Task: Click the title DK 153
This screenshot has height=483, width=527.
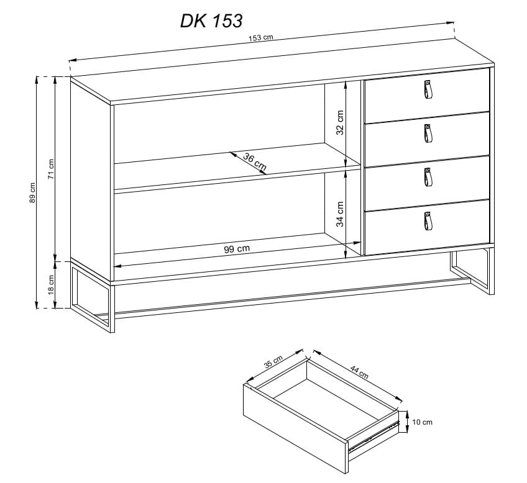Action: pyautogui.click(x=211, y=21)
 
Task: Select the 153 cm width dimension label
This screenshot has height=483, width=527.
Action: pyautogui.click(x=261, y=38)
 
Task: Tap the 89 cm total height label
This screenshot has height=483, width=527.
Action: pyautogui.click(x=32, y=192)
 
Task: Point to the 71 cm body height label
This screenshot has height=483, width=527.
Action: pyautogui.click(x=51, y=169)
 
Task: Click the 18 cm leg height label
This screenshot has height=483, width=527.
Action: pyautogui.click(x=51, y=284)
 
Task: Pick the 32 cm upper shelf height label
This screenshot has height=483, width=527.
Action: pyautogui.click(x=340, y=122)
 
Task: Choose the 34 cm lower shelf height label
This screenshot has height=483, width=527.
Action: pyautogui.click(x=340, y=214)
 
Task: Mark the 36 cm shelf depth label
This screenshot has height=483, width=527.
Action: pyautogui.click(x=255, y=161)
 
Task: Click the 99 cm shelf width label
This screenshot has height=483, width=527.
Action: pyautogui.click(x=237, y=249)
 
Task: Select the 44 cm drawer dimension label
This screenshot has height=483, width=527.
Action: pyautogui.click(x=359, y=372)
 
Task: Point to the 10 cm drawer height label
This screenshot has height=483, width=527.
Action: pyautogui.click(x=422, y=422)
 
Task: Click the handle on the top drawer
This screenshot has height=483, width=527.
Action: pyautogui.click(x=428, y=89)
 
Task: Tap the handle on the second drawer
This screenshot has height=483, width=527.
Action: pyautogui.click(x=428, y=133)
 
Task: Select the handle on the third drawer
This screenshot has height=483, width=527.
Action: pyautogui.click(x=428, y=177)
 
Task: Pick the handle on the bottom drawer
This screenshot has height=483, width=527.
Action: pyautogui.click(x=428, y=221)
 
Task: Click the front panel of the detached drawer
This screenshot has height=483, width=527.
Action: pyautogui.click(x=295, y=429)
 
